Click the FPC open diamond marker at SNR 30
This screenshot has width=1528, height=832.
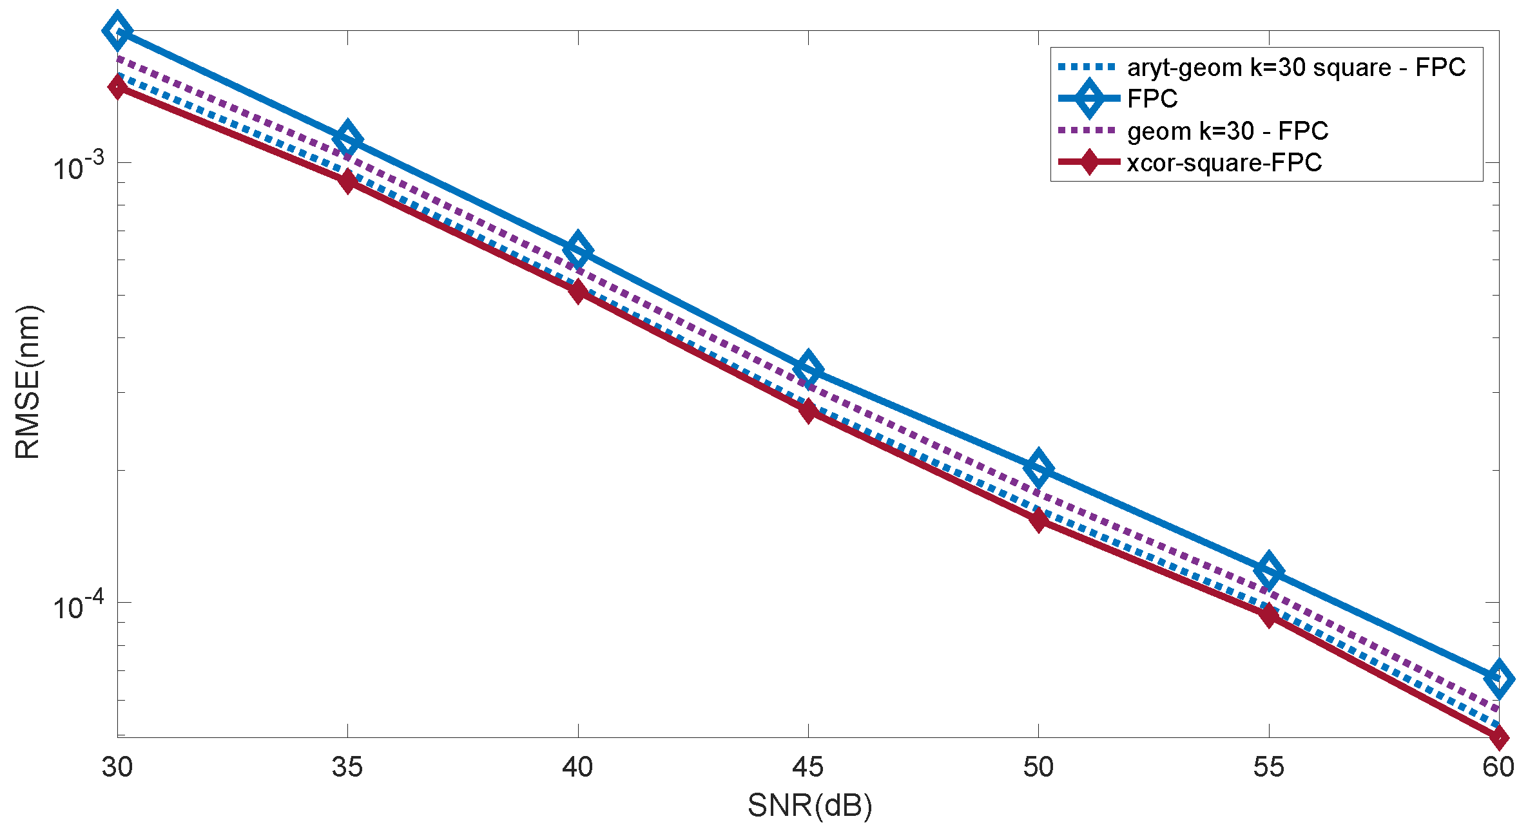pos(117,30)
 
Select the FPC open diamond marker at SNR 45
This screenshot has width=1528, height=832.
pos(808,369)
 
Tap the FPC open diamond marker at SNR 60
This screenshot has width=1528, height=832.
pos(1499,678)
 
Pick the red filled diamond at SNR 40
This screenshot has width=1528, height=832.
pos(578,291)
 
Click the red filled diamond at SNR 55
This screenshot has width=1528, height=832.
pos(1269,615)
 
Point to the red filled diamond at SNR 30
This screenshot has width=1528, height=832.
pos(117,86)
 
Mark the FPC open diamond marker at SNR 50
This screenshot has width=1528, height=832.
pos(1038,468)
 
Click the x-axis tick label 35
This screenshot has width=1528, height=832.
pos(347,767)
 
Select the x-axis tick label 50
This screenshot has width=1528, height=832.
pos(1038,767)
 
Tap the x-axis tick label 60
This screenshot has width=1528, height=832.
pos(1498,767)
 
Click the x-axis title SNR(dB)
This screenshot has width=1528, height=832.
pos(809,806)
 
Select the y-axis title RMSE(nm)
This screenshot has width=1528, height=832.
pos(28,383)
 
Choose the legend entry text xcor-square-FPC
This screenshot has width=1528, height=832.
pos(1224,162)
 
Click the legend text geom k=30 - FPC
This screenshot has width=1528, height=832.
pos(1227,131)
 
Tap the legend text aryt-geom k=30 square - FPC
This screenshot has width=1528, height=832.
pos(1296,67)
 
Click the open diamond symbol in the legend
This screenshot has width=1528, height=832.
pos(1089,99)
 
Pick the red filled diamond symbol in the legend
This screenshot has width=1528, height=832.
pos(1089,162)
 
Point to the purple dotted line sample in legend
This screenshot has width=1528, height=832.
pos(1088,131)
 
